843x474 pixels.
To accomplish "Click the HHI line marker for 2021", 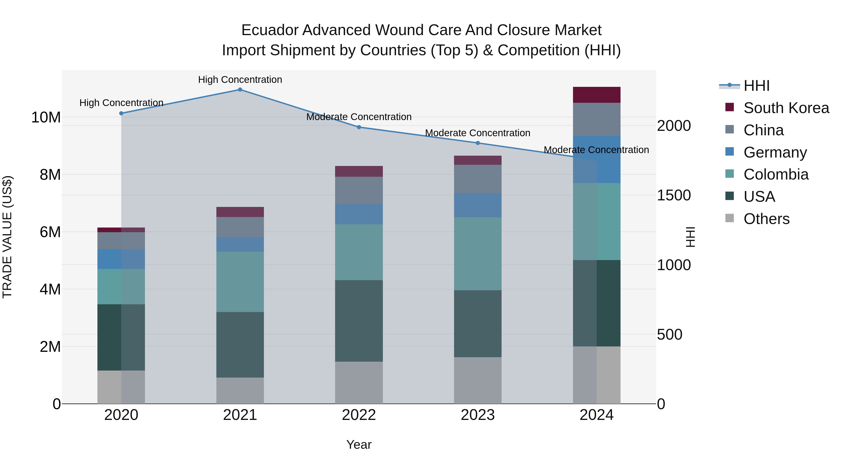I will click(x=240, y=90).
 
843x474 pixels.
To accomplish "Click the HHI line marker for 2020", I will click(x=121, y=114).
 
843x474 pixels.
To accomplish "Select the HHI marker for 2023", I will click(x=477, y=143).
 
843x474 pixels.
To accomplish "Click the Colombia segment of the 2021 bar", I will click(x=240, y=282).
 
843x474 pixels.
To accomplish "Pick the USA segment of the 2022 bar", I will click(x=359, y=321).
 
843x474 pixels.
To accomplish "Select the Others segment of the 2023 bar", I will click(x=477, y=380).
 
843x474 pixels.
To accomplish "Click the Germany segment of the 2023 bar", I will click(x=477, y=205).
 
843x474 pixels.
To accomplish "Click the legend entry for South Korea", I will click(x=786, y=108).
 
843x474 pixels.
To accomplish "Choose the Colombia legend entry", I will click(x=776, y=174).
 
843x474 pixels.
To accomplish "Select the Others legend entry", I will click(x=766, y=219).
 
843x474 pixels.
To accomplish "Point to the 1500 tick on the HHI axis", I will click(x=674, y=195).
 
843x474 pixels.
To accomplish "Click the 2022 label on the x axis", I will click(x=359, y=415).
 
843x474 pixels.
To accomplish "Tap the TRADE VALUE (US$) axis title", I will click(x=7, y=237).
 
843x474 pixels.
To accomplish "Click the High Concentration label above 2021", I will click(x=240, y=80).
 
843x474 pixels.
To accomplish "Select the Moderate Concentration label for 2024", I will click(x=596, y=150).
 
